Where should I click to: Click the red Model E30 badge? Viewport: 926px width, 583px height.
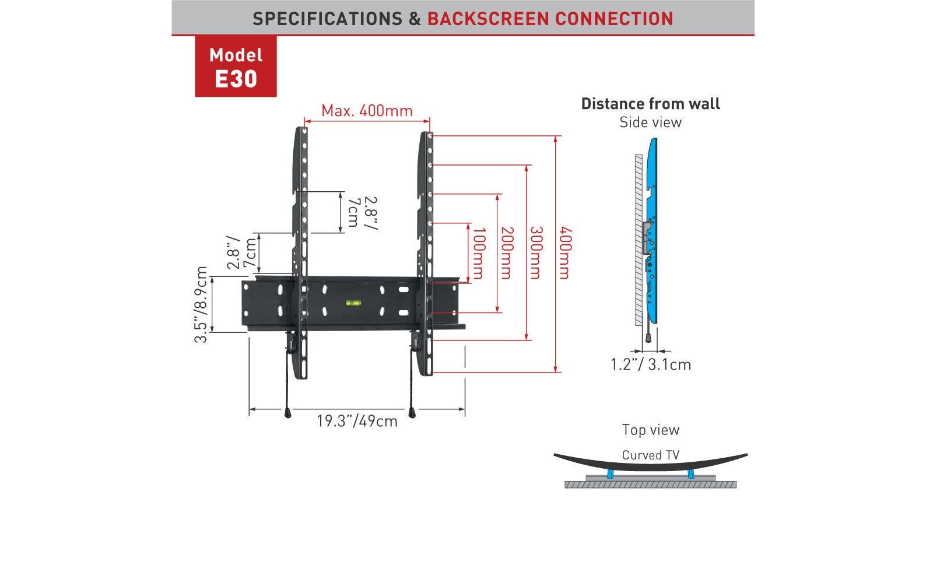[236, 66]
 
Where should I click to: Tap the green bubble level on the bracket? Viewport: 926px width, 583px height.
[352, 303]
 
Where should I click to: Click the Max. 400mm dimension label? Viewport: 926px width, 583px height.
[367, 110]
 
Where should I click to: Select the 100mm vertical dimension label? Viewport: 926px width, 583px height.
[478, 254]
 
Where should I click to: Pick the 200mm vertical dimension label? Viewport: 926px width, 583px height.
[507, 254]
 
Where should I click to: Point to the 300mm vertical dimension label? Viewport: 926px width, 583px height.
[536, 254]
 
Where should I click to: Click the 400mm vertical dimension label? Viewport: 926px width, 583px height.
[564, 254]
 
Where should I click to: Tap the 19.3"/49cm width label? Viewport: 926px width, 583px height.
[357, 421]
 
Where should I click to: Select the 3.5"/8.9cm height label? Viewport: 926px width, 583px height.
[201, 304]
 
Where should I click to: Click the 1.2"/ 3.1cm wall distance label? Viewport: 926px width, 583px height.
[650, 364]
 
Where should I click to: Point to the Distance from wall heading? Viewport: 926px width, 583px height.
[650, 104]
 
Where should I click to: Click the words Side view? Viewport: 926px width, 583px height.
[650, 122]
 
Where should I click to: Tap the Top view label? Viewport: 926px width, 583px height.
[650, 430]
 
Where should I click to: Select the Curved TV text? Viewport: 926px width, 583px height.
[650, 455]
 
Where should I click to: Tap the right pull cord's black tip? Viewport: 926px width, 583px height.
[412, 413]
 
